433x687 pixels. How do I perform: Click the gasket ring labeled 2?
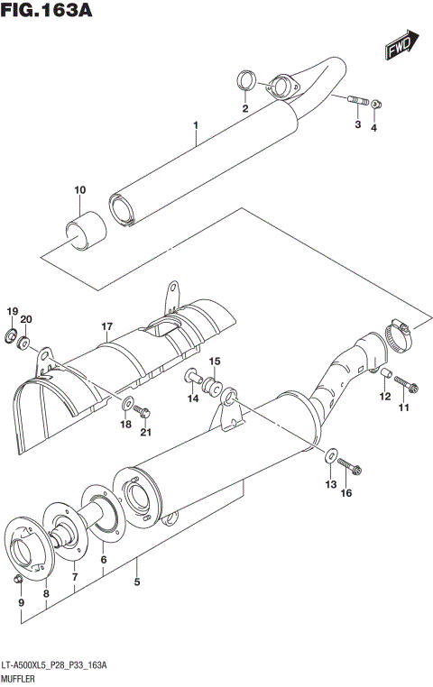coord(244,81)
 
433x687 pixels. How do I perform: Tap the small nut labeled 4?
coord(377,105)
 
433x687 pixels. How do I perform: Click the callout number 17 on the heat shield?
coord(106,325)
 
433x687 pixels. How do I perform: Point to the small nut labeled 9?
coord(18,577)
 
